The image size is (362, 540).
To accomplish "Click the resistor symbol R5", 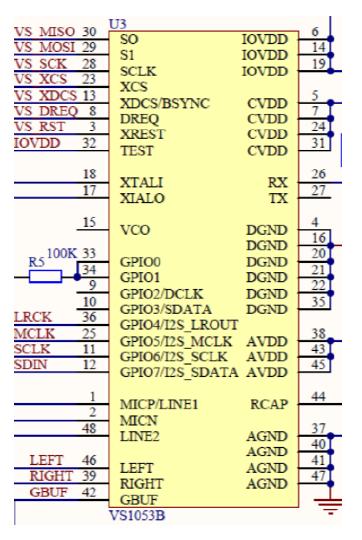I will click(x=45, y=276).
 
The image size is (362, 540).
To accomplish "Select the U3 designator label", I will click(x=117, y=24).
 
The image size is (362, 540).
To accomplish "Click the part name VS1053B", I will click(x=137, y=516).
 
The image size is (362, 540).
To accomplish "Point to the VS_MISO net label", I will click(x=45, y=32).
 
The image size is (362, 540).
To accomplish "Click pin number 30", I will click(x=89, y=32).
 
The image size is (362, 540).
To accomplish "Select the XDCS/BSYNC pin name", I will click(x=165, y=103).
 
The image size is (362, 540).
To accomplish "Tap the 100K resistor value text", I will click(x=62, y=253).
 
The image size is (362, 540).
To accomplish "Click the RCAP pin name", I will click(x=269, y=404).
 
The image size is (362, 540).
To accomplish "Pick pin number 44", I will click(x=318, y=397).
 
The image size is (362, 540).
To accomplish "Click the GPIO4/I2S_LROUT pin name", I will click(x=179, y=325).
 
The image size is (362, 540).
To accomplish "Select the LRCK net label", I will click(x=33, y=317).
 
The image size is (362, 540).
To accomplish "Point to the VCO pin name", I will click(x=135, y=230).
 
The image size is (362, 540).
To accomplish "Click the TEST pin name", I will click(x=137, y=151).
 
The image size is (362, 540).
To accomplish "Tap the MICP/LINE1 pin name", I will click(x=159, y=404).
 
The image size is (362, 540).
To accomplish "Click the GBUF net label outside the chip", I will click(x=48, y=492).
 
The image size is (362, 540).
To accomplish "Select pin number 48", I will click(x=89, y=428).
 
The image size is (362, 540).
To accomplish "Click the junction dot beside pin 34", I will click(x=77, y=277).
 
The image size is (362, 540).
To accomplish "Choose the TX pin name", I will click(x=278, y=198).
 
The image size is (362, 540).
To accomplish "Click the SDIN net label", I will click(x=31, y=365).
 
